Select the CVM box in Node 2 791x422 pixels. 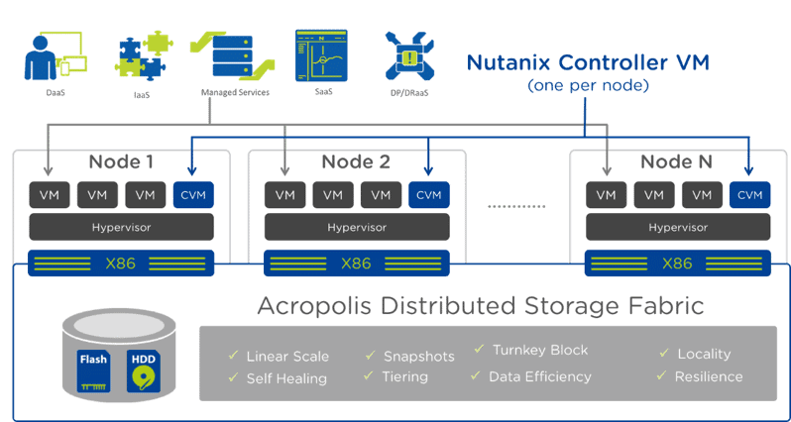click(x=428, y=195)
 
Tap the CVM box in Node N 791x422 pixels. click(x=750, y=195)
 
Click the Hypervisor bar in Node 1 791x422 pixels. click(x=121, y=227)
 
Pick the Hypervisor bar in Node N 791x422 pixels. click(x=678, y=227)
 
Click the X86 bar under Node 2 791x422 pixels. click(x=356, y=264)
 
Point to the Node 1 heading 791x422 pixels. click(x=121, y=162)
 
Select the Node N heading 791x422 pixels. click(x=678, y=162)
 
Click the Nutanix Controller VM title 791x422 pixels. click(x=588, y=64)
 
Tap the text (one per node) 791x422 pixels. click(x=588, y=86)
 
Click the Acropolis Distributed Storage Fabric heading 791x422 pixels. click(x=481, y=306)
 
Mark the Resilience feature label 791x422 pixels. click(x=708, y=376)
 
